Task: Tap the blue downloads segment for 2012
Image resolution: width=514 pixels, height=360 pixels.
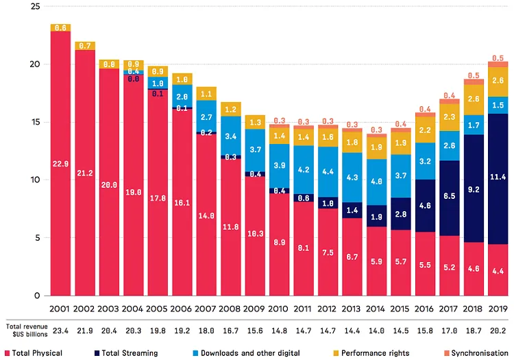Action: [328, 171]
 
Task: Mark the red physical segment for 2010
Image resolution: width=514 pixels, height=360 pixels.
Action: [279, 243]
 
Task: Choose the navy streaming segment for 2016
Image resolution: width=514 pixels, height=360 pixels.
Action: [425, 206]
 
